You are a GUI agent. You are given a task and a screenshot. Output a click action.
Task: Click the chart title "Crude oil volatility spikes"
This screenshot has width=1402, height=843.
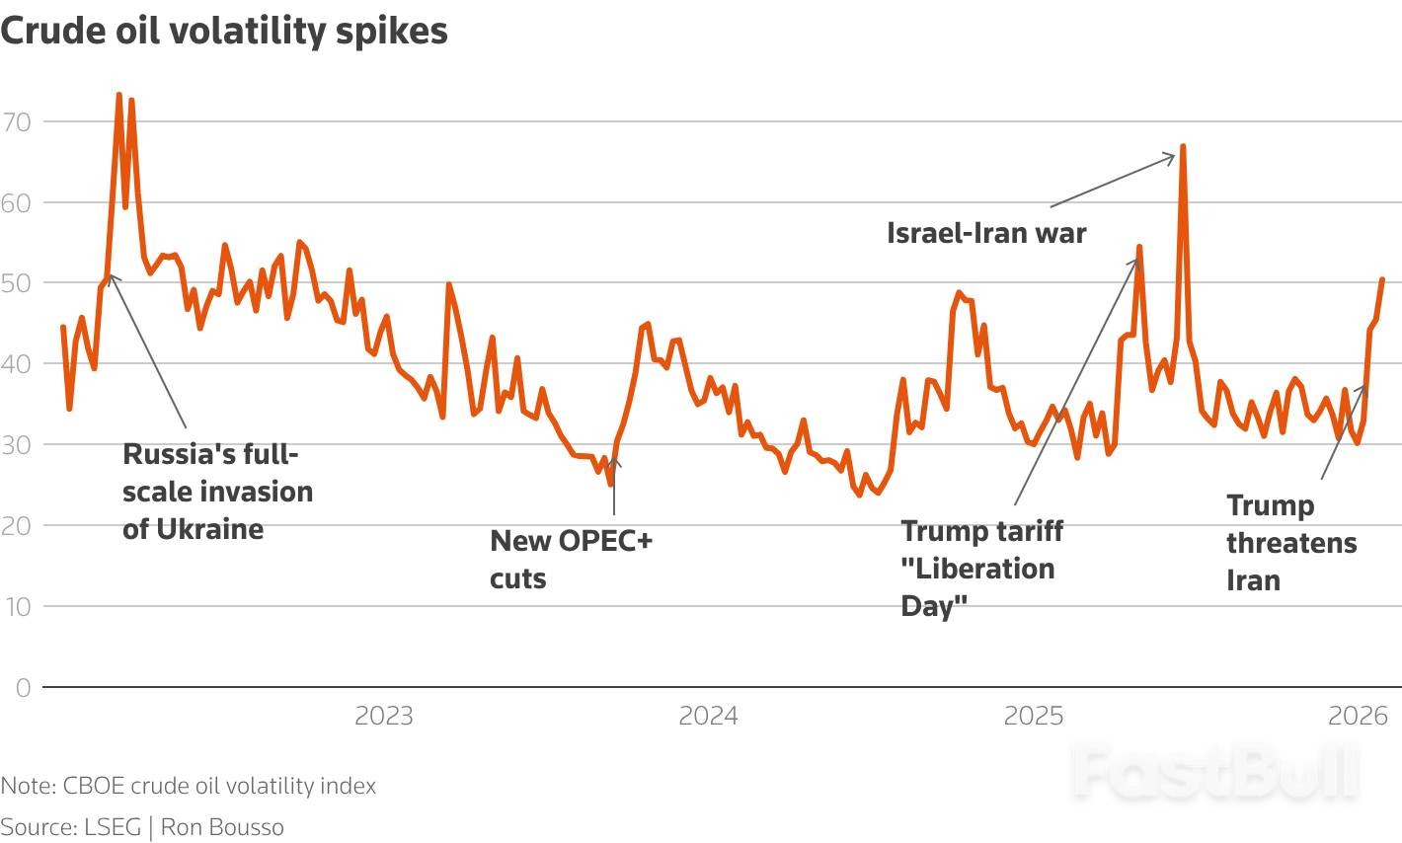[x=224, y=31]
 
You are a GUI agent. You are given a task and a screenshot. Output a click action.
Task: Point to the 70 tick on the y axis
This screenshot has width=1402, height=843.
[x=18, y=122]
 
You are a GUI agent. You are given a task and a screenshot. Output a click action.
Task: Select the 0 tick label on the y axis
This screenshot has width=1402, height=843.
[x=23, y=688]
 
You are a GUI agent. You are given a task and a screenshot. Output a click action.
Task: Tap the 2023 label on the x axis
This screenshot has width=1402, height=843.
[x=383, y=716]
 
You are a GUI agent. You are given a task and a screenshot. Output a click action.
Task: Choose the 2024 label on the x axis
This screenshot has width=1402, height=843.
[x=708, y=716]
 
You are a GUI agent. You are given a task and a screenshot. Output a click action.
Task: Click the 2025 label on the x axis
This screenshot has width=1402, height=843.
[x=1033, y=716]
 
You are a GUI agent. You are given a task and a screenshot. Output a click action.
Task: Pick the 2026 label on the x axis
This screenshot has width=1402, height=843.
[x=1358, y=716]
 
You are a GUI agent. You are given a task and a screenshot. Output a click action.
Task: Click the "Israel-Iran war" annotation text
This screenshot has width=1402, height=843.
[x=986, y=233]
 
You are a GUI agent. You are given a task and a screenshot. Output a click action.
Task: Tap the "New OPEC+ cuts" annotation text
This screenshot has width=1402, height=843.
[x=571, y=559]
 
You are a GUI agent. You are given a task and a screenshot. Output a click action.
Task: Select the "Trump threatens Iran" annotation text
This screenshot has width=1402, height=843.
[x=1291, y=543]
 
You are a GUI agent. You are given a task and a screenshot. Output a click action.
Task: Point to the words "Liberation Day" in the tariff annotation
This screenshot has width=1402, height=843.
[x=977, y=586]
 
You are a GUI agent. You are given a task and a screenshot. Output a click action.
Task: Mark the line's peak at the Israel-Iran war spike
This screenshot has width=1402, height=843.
[x=1182, y=146]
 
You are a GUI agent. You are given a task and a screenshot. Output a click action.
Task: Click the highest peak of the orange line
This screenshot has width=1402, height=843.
[x=118, y=95]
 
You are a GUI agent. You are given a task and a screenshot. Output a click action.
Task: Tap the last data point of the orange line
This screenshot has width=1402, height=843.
[x=1382, y=279]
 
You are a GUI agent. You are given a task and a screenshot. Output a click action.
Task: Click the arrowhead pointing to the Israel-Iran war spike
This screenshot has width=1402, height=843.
[x=1172, y=155]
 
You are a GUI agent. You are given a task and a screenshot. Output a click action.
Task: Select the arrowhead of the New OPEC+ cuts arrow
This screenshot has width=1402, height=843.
[x=614, y=461]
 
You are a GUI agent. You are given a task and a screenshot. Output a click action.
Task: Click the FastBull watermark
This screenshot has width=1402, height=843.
[x=1216, y=772]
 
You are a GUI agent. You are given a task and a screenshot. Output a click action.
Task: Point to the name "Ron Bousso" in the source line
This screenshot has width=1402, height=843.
[x=222, y=827]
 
